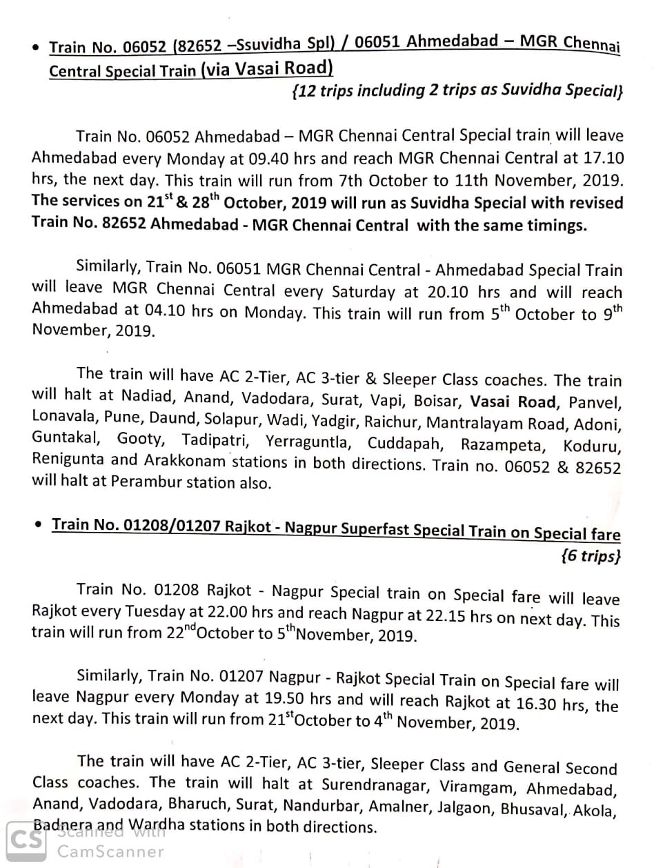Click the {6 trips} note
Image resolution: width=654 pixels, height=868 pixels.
coord(591,555)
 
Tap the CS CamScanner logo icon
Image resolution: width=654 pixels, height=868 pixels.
coord(26,840)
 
